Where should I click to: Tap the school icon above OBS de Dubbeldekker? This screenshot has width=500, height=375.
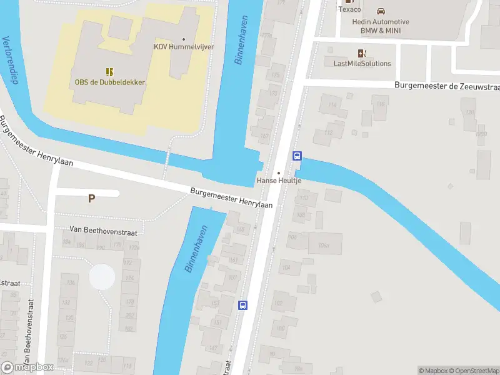click(109, 72)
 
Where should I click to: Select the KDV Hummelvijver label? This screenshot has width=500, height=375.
click(183, 47)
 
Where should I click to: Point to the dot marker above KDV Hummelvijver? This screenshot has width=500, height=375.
click(183, 39)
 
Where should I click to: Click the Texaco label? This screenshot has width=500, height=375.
click(349, 9)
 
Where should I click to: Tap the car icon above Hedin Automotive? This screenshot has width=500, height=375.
click(380, 11)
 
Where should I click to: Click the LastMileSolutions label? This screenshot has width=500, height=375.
click(362, 63)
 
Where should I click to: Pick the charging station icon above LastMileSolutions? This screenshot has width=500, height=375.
click(361, 53)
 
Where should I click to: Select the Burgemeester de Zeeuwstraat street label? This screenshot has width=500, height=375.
click(447, 86)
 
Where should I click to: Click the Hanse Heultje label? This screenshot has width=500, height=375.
click(279, 181)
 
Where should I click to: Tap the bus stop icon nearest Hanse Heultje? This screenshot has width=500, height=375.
click(297, 157)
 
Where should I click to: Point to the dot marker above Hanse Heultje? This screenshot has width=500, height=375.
click(279, 172)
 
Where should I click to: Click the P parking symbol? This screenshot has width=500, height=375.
click(91, 199)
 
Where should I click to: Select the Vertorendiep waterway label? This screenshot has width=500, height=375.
click(9, 60)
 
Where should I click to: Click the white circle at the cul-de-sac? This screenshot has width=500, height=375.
click(102, 276)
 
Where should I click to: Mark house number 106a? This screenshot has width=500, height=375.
click(323, 245)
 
